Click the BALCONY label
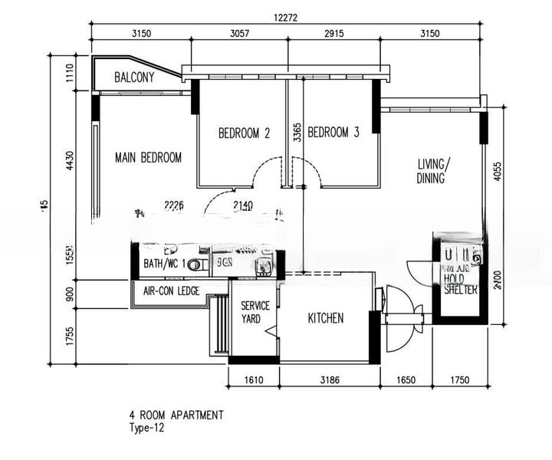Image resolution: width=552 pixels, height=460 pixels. tap(134, 77)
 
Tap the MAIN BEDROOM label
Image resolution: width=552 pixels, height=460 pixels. tap(148, 158)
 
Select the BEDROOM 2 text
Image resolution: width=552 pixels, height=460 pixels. tap(244, 133)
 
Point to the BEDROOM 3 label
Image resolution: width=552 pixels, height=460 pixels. tap(333, 133)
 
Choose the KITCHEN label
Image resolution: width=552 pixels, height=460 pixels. tap(326, 318)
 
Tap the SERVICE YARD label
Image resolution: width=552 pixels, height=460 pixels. tap(255, 313)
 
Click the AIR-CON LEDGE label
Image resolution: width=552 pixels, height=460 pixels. tap(171, 291)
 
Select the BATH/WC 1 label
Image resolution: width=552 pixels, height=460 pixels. tap(164, 264)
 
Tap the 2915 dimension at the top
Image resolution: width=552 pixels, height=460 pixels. tap(333, 34)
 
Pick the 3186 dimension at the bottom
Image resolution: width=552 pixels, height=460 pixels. tap(330, 379)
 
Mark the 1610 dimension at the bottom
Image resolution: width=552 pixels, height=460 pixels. tap(254, 379)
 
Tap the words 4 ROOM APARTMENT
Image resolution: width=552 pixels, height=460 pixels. tap(176, 416)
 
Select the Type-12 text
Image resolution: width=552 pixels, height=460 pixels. tap(146, 429)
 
